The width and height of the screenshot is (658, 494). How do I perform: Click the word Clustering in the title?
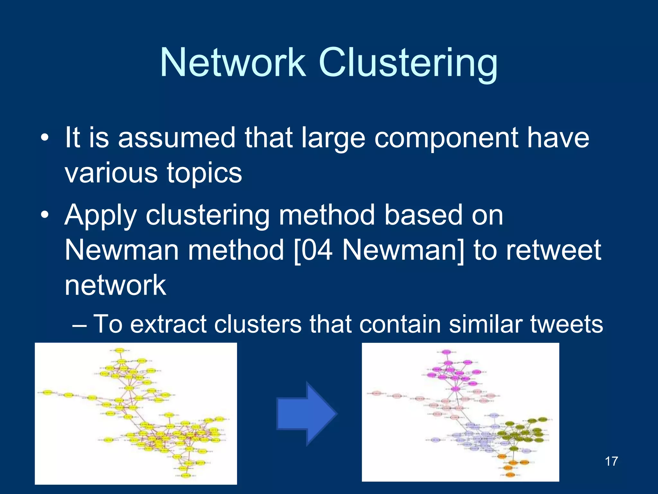point(408,63)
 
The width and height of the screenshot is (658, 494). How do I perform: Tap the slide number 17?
point(611,461)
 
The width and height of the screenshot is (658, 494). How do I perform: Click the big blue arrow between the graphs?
point(307,414)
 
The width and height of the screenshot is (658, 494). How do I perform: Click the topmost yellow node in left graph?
point(120,351)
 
